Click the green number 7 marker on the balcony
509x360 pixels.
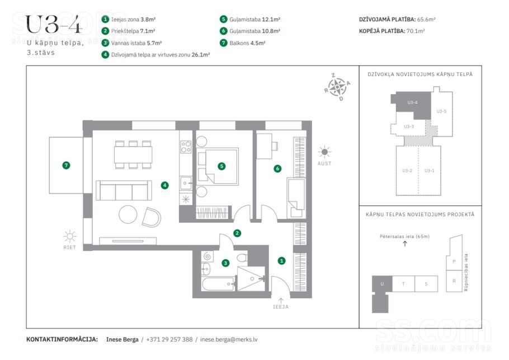(x=66, y=165)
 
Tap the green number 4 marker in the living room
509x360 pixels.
(x=165, y=185)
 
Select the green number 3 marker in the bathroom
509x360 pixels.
(x=225, y=263)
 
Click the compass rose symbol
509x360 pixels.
(x=338, y=87)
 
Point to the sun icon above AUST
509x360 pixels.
(x=324, y=152)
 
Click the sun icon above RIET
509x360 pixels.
(x=70, y=236)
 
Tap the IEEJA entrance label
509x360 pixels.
(x=281, y=307)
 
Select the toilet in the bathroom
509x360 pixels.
(x=242, y=258)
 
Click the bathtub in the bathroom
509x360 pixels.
(x=219, y=284)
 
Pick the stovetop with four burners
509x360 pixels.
(x=186, y=147)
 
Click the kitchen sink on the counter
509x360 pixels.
(x=186, y=183)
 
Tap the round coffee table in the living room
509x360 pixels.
(x=128, y=214)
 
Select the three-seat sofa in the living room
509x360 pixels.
(x=124, y=190)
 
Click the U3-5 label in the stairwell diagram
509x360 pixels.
(x=441, y=111)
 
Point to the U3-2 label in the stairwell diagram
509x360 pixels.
(x=407, y=171)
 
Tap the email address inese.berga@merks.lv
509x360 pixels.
(x=229, y=339)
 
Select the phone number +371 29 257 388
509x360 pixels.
(x=169, y=339)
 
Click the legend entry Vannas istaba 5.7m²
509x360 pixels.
(x=136, y=43)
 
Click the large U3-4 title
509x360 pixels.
(x=53, y=25)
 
